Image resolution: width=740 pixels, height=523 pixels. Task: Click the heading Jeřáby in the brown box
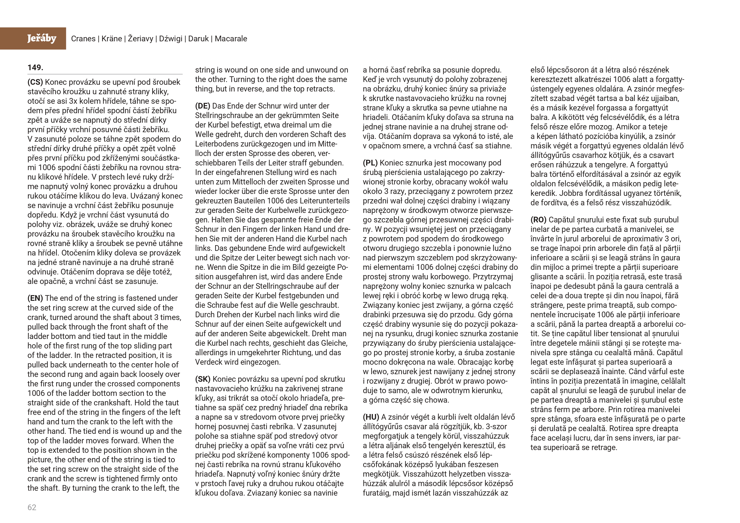[x=42, y=38]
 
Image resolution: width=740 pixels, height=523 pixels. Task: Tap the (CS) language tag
[x=35, y=82]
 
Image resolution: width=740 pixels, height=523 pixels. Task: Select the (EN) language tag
[x=35, y=298]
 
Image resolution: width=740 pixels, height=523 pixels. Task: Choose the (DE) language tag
[x=203, y=106]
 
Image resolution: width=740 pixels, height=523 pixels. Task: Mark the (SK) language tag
[x=203, y=379]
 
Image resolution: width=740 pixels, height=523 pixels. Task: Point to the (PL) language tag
[x=370, y=163]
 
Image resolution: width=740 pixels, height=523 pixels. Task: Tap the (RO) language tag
[x=538, y=220]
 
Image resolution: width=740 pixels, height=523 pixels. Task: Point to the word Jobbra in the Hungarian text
[x=570, y=193]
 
